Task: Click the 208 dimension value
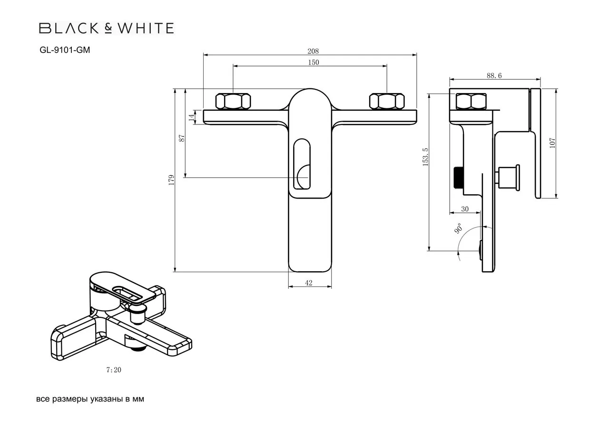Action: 313,51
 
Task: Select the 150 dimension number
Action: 314,62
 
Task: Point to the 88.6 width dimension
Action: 494,76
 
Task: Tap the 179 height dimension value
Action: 171,180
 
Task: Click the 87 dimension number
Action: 182,138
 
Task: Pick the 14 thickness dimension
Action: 192,117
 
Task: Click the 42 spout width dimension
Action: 309,283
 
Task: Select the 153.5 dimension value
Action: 425,157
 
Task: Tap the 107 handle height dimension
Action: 552,143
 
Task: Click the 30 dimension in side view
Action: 465,209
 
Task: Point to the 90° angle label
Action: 458,228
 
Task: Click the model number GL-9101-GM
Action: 65,50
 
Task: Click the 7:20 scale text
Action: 114,370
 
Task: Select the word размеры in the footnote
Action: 69,399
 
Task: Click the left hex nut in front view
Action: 233,101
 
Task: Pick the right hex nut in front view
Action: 387,101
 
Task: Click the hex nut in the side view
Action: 471,101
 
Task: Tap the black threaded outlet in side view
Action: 458,177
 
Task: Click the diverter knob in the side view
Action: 508,177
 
